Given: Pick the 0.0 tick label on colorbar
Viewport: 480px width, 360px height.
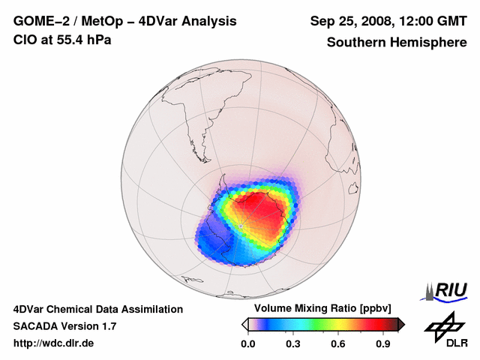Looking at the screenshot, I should pyautogui.click(x=247, y=344).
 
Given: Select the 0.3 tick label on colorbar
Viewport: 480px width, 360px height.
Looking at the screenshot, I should pyautogui.click(x=293, y=344).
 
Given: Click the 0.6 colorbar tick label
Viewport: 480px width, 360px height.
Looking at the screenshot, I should pyautogui.click(x=339, y=344).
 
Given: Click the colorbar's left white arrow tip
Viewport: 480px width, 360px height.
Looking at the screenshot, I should pyautogui.click(x=244, y=324).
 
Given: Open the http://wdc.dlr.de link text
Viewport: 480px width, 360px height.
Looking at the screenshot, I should pyautogui.click(x=54, y=343).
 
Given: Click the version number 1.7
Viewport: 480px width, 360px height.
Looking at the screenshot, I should pyautogui.click(x=108, y=326).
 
